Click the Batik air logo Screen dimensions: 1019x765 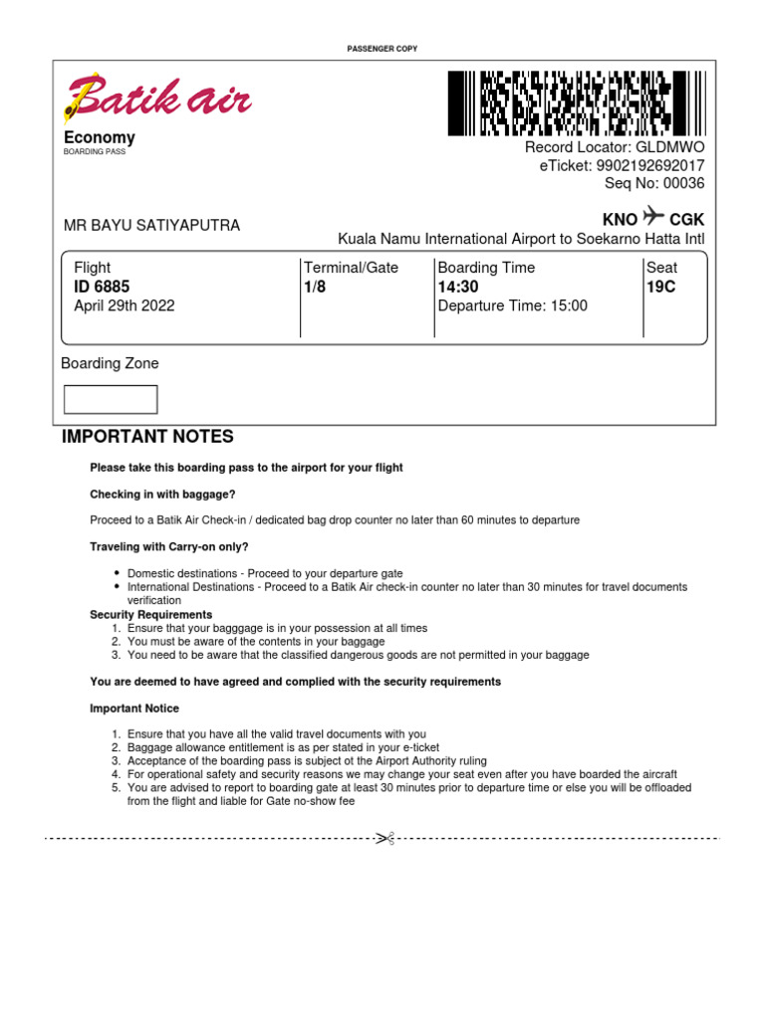pos(157,98)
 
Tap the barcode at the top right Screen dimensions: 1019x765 pos(576,102)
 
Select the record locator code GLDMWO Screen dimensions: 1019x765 pos(670,147)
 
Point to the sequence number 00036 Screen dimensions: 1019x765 pos(683,183)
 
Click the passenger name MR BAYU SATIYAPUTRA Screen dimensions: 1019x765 pos(151,226)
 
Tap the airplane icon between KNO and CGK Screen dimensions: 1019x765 pos(653,216)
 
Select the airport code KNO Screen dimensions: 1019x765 pos(620,219)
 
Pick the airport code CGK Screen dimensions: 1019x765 pos(687,219)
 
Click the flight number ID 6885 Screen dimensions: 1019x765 pos(102,288)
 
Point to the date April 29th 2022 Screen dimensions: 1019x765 pos(125,306)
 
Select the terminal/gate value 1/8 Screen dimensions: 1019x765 pos(315,288)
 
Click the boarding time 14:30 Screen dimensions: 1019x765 pos(458,288)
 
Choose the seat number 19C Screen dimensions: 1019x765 pos(661,288)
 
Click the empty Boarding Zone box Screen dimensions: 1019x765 pos(111,399)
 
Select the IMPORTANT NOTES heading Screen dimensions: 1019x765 pos(147,437)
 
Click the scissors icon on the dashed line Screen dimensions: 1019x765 pos(384,839)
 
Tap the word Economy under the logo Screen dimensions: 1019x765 pos(100,137)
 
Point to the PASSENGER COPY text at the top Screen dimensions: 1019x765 pos(382,48)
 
